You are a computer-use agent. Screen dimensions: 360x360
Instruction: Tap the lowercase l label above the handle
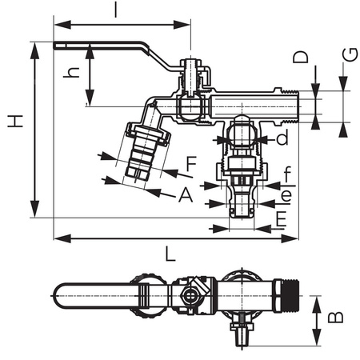click(116, 10)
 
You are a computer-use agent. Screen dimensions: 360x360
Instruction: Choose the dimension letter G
click(350, 56)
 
